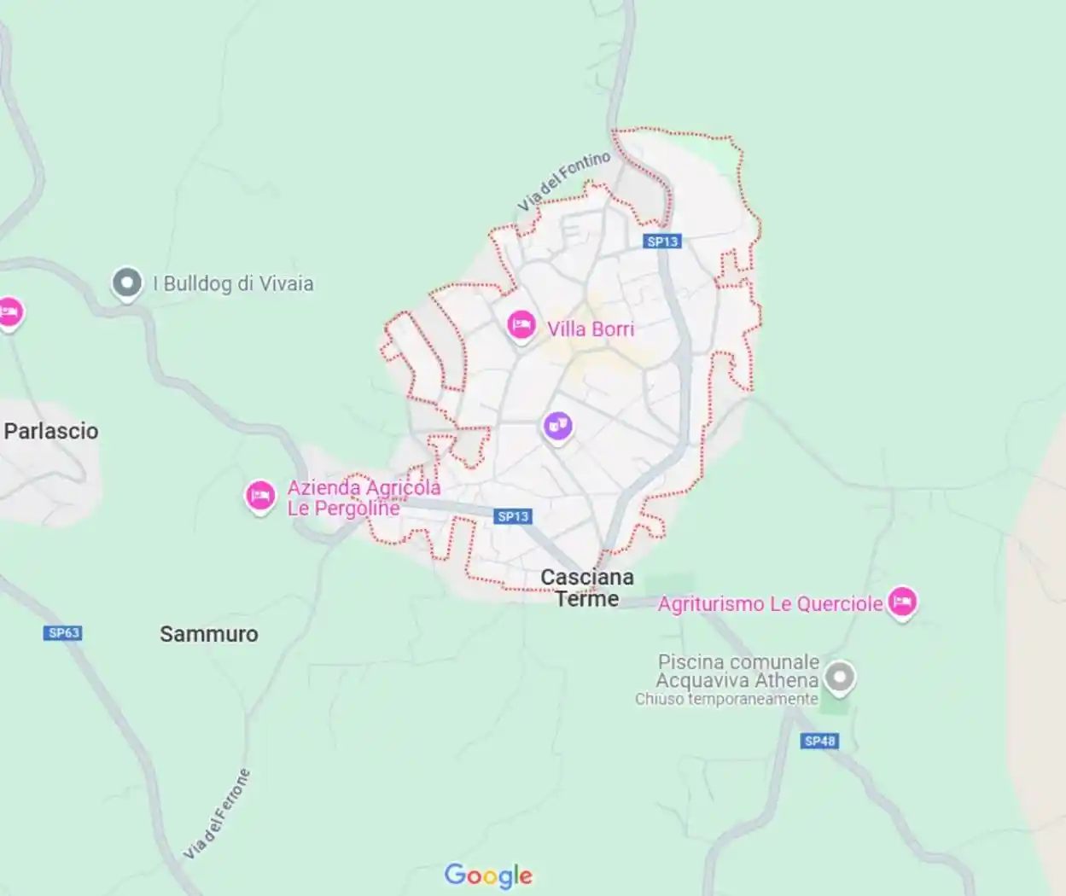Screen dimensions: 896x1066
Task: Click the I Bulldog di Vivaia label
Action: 233,284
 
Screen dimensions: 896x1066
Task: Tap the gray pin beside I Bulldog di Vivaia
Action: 127,283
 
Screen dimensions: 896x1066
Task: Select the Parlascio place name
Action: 51,431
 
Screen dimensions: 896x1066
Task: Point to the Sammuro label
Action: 208,634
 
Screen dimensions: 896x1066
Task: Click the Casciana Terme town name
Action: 587,588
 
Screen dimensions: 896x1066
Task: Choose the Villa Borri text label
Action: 591,329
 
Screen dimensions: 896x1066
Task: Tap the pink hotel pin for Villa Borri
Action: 521,325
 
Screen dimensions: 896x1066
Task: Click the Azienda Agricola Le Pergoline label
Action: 364,498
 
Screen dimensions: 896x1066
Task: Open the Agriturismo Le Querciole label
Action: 770,604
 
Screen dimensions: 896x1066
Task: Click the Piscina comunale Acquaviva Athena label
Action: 737,671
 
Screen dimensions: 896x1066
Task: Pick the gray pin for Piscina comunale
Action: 840,678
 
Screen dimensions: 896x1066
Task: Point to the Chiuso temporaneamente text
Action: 726,699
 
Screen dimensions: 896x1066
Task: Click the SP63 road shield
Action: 64,632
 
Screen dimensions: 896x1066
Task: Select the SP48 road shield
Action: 819,741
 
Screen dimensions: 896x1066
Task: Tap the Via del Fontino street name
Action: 564,181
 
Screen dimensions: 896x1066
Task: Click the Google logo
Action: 488,876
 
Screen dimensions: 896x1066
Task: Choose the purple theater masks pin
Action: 557,425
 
